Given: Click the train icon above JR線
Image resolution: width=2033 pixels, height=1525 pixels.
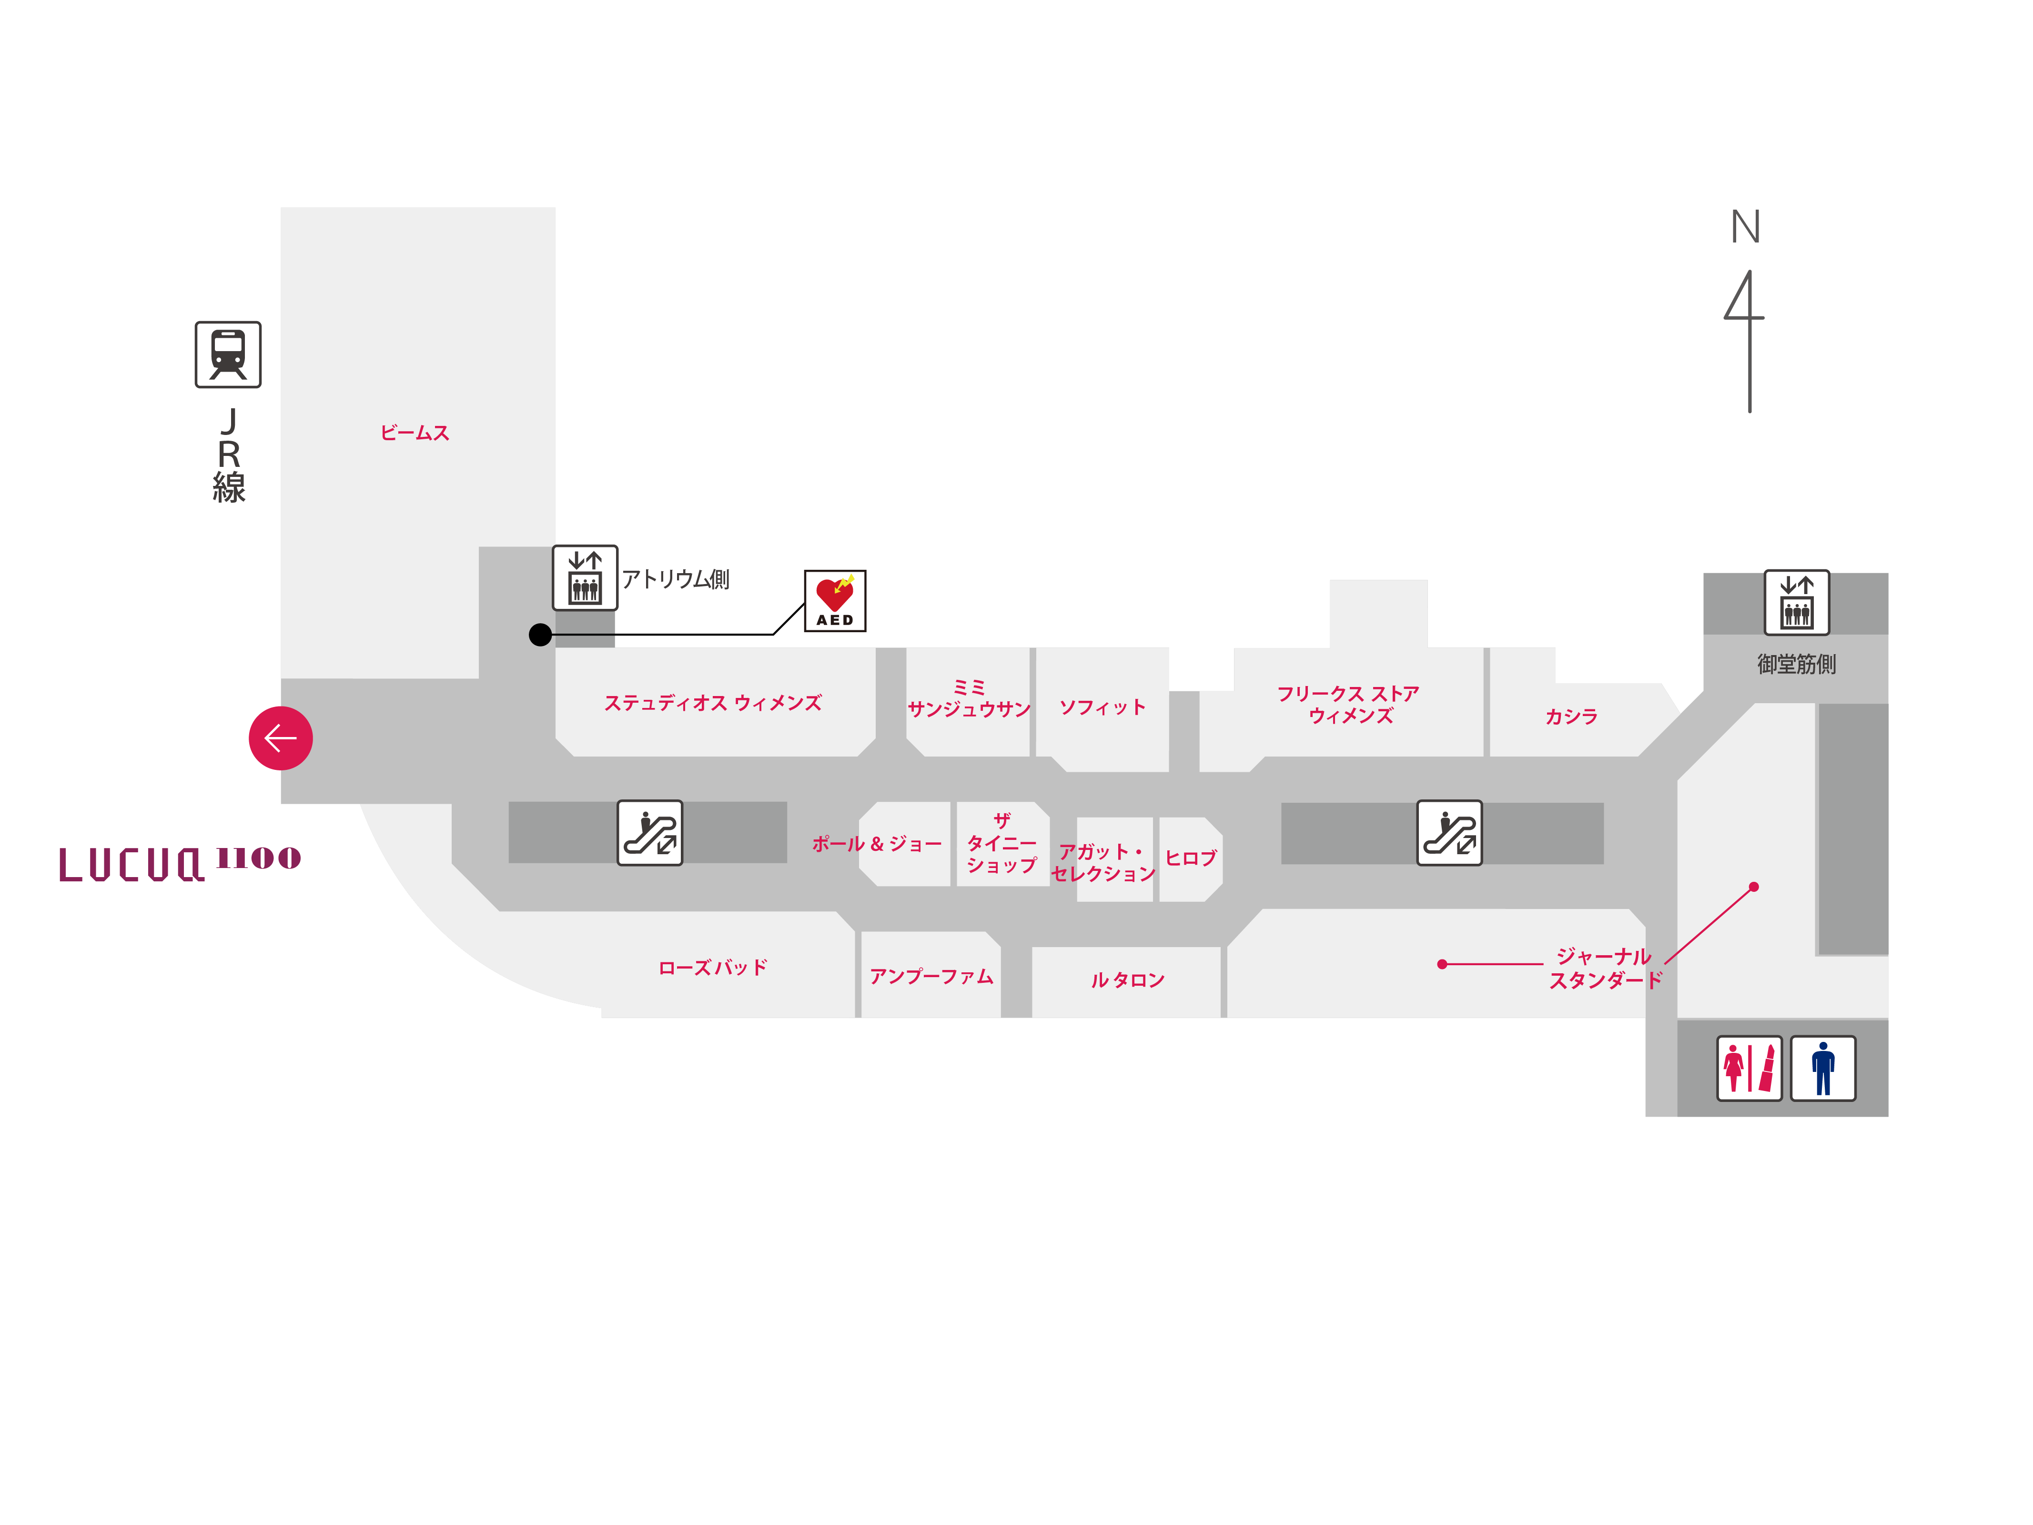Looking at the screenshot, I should coord(228,355).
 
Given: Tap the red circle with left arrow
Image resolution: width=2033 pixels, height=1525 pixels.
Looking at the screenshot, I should coord(280,738).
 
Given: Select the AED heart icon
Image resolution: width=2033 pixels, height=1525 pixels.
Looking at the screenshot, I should coord(835,600).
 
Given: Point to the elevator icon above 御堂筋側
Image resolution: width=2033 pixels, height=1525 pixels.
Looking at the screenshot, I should coord(1796,602).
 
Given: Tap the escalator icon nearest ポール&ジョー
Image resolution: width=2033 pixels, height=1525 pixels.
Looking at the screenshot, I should coord(650,833).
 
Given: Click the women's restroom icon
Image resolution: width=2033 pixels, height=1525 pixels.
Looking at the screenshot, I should coord(1748,1068).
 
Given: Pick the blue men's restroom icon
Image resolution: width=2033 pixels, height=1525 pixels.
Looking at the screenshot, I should coord(1822,1068).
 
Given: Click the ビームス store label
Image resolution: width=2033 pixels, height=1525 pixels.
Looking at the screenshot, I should coord(415,433).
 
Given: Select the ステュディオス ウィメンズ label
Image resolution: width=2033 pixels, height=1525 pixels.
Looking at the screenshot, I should coord(712,703).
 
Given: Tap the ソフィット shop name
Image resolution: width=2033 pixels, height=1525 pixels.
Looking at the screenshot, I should coord(1102,707).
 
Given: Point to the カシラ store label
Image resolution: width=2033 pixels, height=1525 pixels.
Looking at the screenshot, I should coord(1571,716).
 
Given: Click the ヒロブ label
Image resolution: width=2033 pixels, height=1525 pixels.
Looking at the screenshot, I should coord(1190,858).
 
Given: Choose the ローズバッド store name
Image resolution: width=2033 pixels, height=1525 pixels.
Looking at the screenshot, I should coord(712,967).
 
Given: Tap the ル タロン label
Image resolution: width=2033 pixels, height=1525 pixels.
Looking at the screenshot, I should coord(1128,980).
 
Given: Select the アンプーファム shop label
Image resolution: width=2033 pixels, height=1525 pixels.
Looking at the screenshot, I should coord(931,976).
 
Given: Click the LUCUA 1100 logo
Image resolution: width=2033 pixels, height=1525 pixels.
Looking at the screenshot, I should coord(179,864).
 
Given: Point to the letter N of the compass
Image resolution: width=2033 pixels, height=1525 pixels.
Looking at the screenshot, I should coord(1745,227).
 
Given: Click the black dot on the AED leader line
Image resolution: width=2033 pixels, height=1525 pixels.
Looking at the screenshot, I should coord(540,634).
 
